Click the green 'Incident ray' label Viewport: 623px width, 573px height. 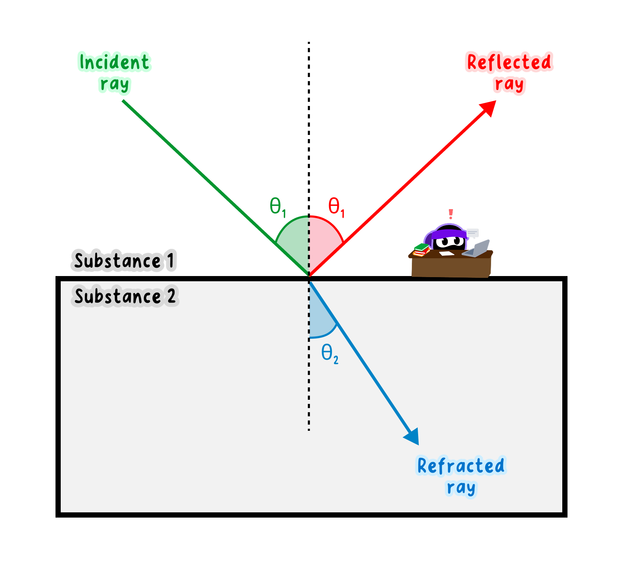tap(115, 73)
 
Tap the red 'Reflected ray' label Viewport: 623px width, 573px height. tap(509, 73)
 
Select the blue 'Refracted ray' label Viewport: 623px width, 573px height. tap(461, 477)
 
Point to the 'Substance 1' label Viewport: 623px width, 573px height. tap(124, 261)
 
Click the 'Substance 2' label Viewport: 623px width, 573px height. tap(125, 296)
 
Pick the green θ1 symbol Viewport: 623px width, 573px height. tap(278, 207)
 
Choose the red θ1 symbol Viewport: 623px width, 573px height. tap(336, 207)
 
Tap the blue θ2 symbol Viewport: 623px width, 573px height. tap(330, 354)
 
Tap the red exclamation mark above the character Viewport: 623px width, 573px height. tap(451, 214)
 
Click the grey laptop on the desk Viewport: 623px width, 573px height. tap(476, 248)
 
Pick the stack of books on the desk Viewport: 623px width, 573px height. tap(421, 250)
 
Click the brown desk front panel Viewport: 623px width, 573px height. tap(451, 267)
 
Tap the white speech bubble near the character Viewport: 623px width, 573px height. tap(472, 232)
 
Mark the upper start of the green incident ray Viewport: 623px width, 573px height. tap(123, 101)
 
